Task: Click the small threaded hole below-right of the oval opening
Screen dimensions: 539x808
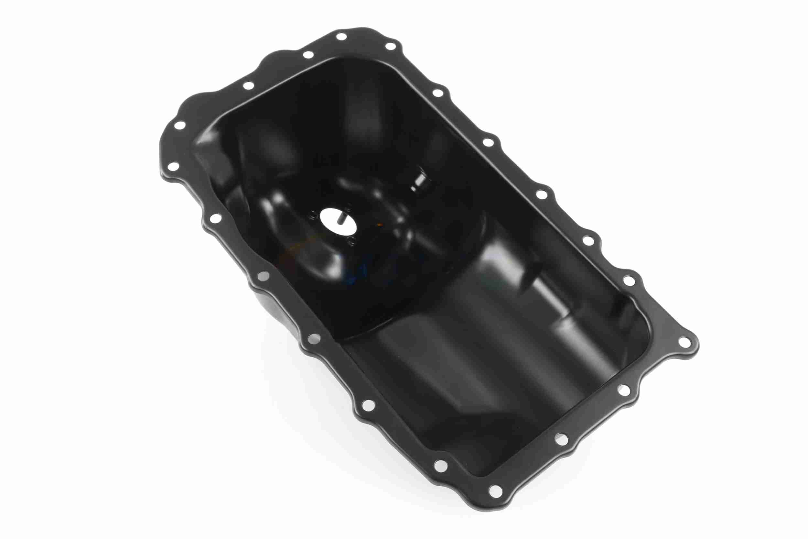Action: click(x=351, y=242)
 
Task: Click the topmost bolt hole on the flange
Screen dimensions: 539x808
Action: click(x=341, y=37)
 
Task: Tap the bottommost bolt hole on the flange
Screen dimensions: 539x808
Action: click(x=495, y=491)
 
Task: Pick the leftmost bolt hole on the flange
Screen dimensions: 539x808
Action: click(x=174, y=167)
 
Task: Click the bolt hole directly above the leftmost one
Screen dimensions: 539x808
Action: click(x=179, y=125)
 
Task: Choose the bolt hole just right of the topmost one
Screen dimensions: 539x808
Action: click(x=391, y=46)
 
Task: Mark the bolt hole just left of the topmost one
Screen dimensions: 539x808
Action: click(x=308, y=55)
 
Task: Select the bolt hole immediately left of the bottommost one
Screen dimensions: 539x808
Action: click(x=440, y=466)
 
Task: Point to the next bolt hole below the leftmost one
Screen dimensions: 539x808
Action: click(x=215, y=218)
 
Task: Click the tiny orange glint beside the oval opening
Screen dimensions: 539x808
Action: click(x=379, y=225)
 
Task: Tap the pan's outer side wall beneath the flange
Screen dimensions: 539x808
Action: click(x=271, y=309)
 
